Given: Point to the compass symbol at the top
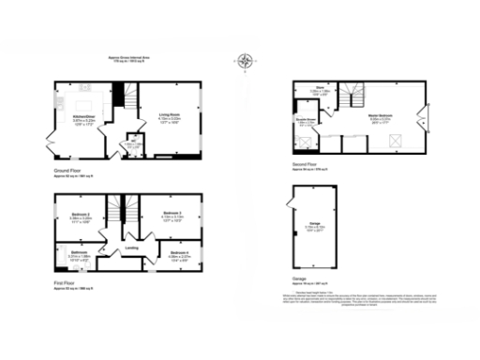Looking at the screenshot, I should [246, 63].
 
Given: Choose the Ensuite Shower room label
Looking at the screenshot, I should [306, 121].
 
